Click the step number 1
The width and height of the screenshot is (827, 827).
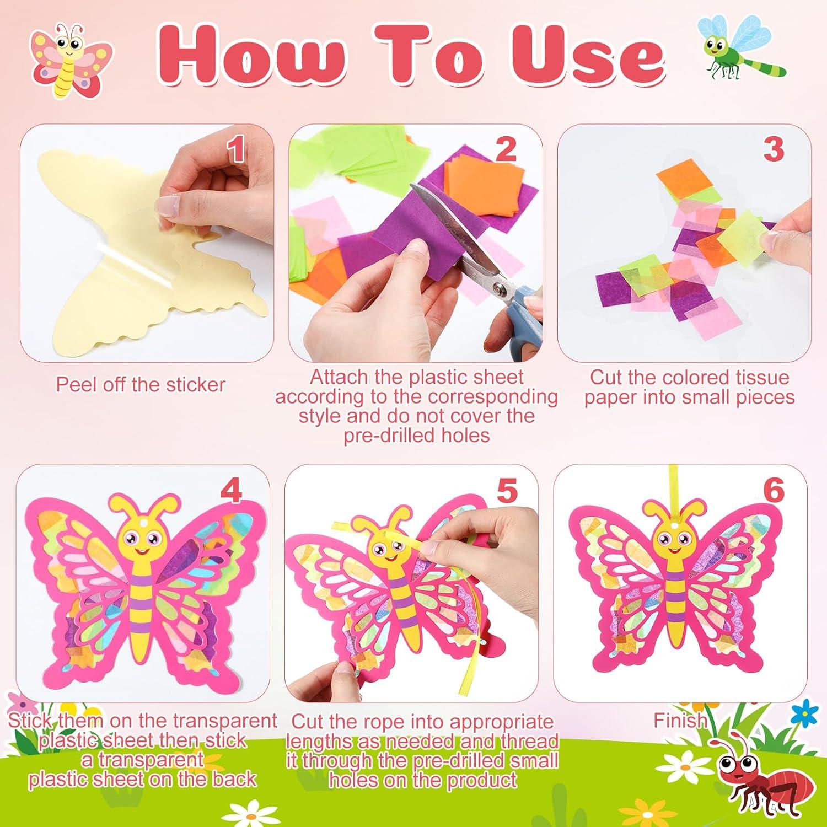click(x=237, y=150)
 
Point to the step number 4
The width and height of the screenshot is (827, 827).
click(x=230, y=490)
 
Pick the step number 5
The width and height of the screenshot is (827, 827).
click(x=507, y=490)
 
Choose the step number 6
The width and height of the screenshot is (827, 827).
click(x=774, y=490)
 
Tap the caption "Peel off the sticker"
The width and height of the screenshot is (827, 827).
click(x=141, y=384)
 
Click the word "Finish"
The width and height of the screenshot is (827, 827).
click(x=679, y=721)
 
